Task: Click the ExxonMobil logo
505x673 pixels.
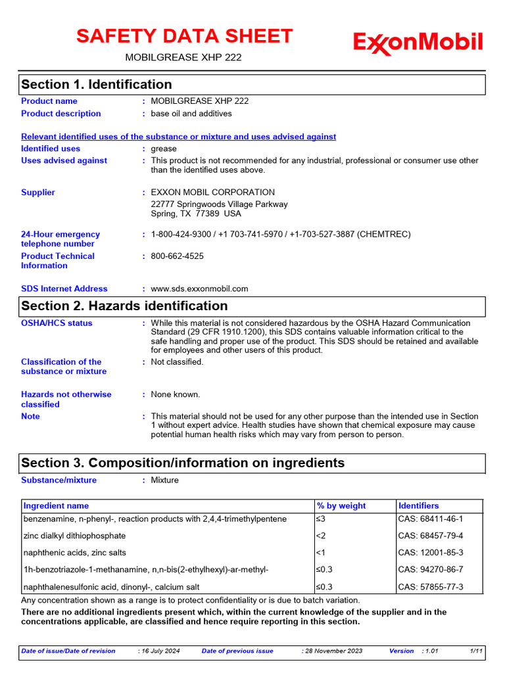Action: point(418,43)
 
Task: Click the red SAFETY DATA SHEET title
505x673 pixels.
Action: point(184,36)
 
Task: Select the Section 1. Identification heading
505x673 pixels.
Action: point(97,85)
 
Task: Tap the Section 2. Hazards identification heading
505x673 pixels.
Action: point(124,306)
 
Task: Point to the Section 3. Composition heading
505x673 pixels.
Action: point(183,463)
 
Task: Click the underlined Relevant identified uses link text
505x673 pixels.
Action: point(178,137)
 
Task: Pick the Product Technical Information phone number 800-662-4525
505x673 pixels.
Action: point(177,256)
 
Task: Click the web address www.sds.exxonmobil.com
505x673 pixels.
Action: point(199,289)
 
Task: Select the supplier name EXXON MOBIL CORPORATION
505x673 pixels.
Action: point(212,193)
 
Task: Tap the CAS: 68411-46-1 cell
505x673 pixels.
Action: point(430,519)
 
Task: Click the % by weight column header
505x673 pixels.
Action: point(341,505)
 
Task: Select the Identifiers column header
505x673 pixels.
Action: point(418,505)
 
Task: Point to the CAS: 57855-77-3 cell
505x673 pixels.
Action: point(430,587)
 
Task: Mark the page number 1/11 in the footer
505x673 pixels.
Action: point(477,651)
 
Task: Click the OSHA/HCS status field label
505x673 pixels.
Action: point(57,323)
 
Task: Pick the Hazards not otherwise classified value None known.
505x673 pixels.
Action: point(175,394)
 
